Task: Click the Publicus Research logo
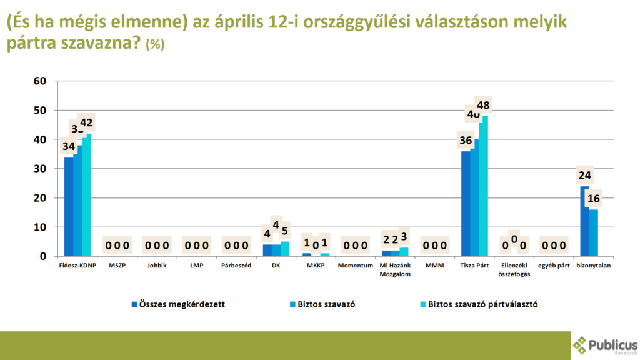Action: click(x=605, y=346)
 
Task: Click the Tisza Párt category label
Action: click(x=474, y=266)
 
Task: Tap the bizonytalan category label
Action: click(x=593, y=266)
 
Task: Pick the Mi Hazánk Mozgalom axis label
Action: click(x=395, y=269)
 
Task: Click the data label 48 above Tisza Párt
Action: click(x=483, y=104)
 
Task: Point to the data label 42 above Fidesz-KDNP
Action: click(x=86, y=122)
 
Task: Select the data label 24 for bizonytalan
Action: click(x=585, y=175)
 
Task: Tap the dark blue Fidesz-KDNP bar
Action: click(x=69, y=206)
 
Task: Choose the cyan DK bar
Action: click(x=285, y=249)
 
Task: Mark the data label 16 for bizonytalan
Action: click(x=594, y=199)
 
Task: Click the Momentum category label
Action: click(x=355, y=266)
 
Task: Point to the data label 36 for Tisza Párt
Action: click(x=466, y=140)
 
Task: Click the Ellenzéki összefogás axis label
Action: click(x=514, y=269)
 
